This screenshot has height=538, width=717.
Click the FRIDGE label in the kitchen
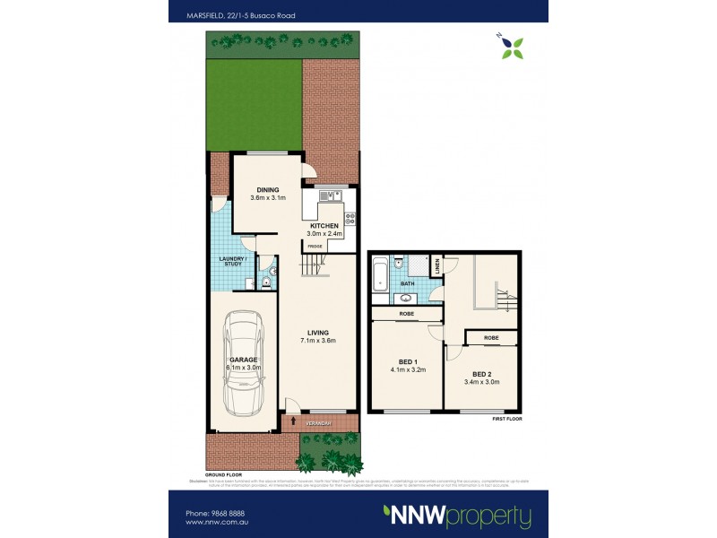coord(315,246)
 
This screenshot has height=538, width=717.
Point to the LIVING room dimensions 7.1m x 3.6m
coord(317,341)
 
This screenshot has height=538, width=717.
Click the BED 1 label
coord(406,361)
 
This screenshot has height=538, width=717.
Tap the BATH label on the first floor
coord(407,283)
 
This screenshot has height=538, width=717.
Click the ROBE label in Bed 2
coord(490,338)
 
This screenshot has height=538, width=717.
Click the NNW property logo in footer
coord(457,516)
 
